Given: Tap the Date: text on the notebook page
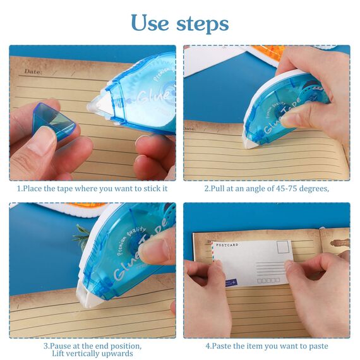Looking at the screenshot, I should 33,71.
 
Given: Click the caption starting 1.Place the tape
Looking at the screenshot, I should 92,188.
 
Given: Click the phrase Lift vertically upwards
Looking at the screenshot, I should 92,354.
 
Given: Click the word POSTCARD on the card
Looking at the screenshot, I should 228,244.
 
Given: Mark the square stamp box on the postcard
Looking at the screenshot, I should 282,247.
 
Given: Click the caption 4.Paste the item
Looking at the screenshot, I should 267,346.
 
